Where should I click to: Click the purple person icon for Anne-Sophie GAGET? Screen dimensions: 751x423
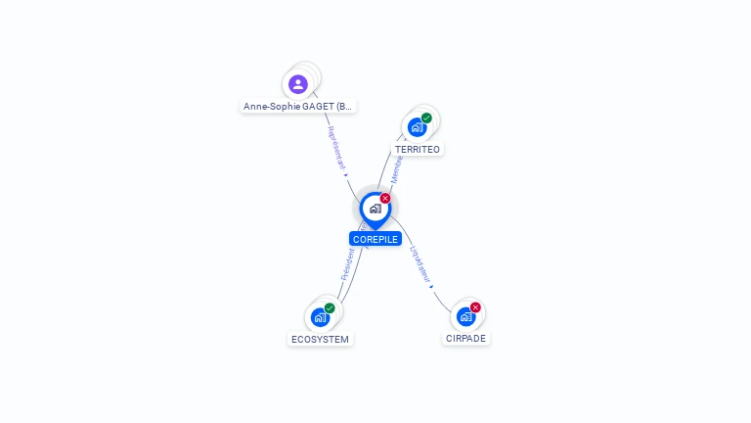point(298,84)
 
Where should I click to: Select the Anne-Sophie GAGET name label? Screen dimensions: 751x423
point(298,106)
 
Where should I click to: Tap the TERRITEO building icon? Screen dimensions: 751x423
point(417,127)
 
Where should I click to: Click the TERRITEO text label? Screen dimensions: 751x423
point(418,150)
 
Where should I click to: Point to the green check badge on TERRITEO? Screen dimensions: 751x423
point(426,118)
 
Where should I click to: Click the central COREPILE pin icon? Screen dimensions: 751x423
point(375,209)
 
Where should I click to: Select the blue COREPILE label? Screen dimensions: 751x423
point(375,239)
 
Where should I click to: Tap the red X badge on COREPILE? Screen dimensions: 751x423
point(385,199)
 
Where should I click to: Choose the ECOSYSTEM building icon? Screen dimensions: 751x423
point(320,317)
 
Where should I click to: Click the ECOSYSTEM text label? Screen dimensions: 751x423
point(320,340)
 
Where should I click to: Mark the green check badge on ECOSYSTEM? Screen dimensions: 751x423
point(330,308)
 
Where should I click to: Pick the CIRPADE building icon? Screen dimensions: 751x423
point(465,316)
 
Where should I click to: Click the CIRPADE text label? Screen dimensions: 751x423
point(465,339)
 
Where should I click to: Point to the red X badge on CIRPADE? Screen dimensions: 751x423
point(475,307)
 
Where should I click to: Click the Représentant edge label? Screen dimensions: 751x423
point(335,148)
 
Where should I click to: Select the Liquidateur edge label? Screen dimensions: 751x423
point(420,262)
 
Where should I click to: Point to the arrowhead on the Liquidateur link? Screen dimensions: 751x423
point(431,287)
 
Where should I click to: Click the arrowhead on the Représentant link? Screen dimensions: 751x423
point(345,174)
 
